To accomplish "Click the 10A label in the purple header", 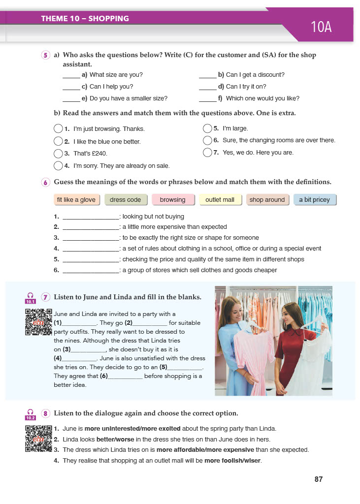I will [x=321, y=27].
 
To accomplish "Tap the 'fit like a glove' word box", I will [x=76, y=200].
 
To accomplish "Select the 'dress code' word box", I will [x=125, y=200].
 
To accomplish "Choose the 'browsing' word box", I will [x=172, y=200].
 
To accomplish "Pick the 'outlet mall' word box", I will [x=220, y=200].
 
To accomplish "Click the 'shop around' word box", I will [x=267, y=200].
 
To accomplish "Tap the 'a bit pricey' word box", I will [x=314, y=200].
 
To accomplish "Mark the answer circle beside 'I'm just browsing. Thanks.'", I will [x=58, y=129].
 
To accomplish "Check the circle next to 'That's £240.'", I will [x=58, y=153].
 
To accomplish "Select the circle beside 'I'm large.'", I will [x=207, y=129].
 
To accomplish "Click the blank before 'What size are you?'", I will [x=71, y=75].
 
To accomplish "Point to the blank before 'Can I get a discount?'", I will [x=207, y=75].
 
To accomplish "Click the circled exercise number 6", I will [x=46, y=183].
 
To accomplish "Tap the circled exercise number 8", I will [x=46, y=413].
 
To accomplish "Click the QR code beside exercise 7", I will [x=39, y=322].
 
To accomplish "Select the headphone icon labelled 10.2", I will [x=31, y=414].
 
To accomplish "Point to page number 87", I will [x=319, y=479].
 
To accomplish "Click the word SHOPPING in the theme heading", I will [x=108, y=19].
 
